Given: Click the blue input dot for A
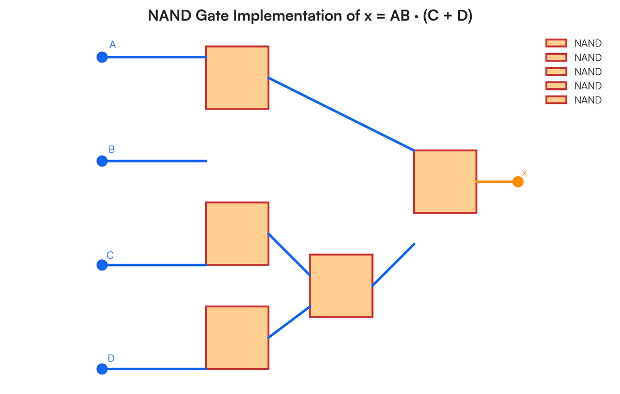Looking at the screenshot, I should tap(102, 57).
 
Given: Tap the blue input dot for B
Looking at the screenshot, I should tap(102, 161).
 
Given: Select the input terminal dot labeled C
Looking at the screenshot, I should tap(102, 265).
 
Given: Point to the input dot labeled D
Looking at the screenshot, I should tap(102, 369).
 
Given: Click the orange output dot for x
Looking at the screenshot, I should tap(518, 182).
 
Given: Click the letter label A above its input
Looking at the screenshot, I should tap(113, 45).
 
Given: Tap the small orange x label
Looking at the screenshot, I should tap(524, 173).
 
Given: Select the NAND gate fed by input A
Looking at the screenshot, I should tap(237, 77).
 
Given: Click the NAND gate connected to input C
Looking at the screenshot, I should tap(237, 233).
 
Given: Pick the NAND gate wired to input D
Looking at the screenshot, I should tap(237, 338).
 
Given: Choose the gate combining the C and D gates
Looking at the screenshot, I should tap(341, 286).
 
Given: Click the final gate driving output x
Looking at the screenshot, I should tap(445, 182).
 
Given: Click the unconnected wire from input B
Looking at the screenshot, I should tap(155, 161).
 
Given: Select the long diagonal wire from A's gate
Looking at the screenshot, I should tap(341, 114).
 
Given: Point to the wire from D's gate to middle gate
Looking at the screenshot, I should tap(289, 322).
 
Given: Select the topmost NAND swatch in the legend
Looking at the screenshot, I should tap(556, 43).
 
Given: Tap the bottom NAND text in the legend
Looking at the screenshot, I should tap(588, 100).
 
